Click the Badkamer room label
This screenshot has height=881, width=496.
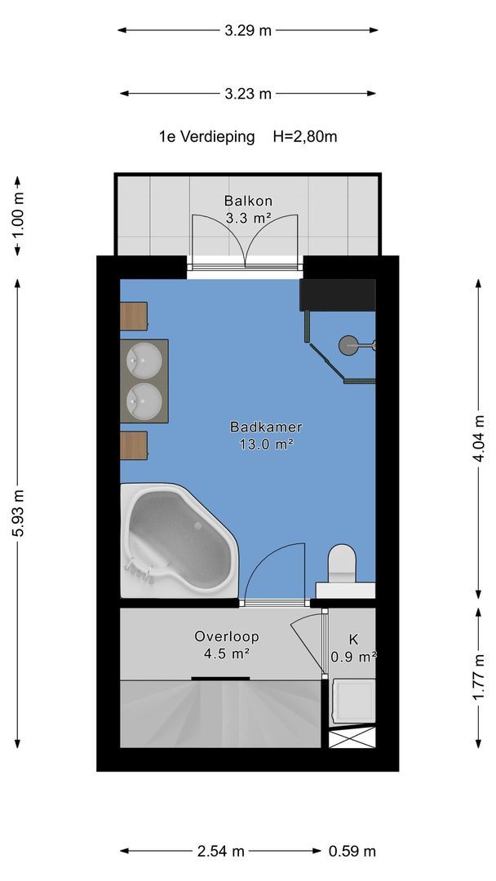click(266, 427)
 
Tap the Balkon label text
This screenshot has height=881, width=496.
click(248, 201)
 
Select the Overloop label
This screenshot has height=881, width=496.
click(226, 636)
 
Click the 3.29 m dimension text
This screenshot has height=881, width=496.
click(248, 30)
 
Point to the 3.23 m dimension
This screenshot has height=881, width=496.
click(248, 94)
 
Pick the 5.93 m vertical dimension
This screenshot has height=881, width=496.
click(18, 513)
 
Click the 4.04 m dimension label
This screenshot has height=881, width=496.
click(479, 438)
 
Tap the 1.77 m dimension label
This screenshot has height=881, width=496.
click(479, 677)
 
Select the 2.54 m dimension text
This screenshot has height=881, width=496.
click(221, 851)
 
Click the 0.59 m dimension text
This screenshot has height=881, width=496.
click(352, 851)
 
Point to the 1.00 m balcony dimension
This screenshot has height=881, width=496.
click(18, 215)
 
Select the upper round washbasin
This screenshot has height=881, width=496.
click(144, 361)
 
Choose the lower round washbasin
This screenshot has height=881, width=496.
click(144, 401)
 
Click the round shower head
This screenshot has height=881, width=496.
click(348, 344)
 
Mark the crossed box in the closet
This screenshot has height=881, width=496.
click(352, 737)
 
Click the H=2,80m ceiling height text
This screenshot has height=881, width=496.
click(305, 136)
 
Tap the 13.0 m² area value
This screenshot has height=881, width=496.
click(267, 445)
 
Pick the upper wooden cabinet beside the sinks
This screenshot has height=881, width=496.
click(134, 316)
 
